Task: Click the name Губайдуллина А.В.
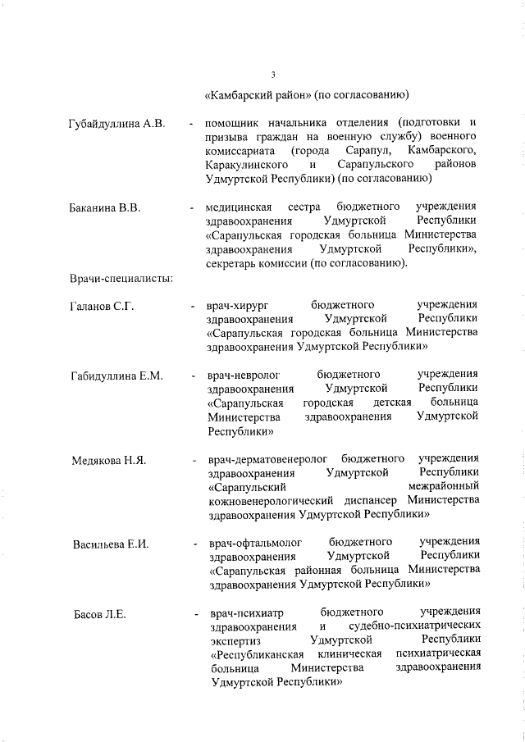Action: (x=118, y=125)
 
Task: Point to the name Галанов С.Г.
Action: (x=103, y=306)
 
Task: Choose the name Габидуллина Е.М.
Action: (x=117, y=376)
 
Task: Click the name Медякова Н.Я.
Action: (x=109, y=461)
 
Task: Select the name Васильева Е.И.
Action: (x=110, y=544)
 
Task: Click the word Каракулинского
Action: (x=247, y=165)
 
